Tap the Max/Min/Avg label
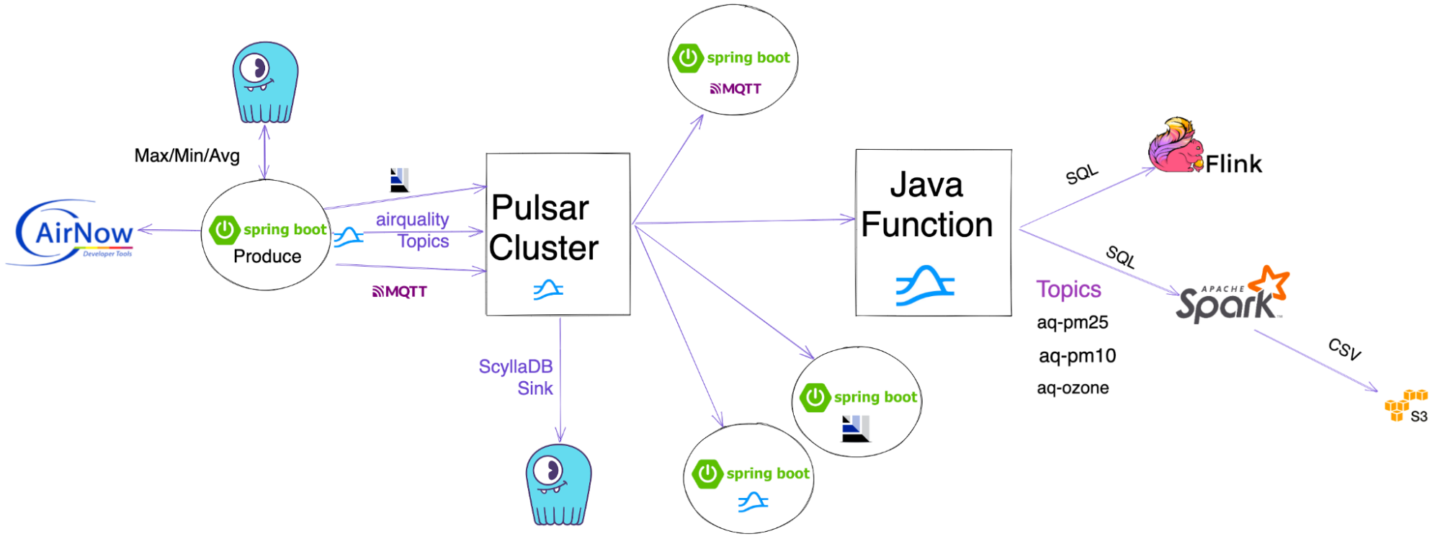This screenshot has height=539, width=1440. pos(187,156)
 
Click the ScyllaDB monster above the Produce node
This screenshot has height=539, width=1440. pos(264,82)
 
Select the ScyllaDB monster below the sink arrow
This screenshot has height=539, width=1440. pos(558,484)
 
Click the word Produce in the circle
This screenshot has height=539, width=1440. pos(267,257)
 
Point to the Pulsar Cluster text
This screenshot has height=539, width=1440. pos(544,228)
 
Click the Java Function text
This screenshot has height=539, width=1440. pos(927,205)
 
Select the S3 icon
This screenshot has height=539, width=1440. pos(1405,406)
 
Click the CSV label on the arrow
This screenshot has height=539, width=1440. pos(1344,349)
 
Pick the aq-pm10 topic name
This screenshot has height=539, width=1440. pos(1077,356)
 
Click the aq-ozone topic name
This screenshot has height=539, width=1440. pos(1073,388)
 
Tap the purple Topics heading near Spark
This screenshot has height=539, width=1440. pos(1068,290)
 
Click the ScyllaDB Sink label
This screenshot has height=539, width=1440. pos(516,378)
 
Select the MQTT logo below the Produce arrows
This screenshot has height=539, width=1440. pos(400,292)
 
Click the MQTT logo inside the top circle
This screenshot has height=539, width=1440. pos(735,89)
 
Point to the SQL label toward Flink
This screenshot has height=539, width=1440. pos(1081,174)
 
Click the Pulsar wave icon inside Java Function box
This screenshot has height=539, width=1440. pos(925,285)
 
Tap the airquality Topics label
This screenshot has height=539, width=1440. pos(413,230)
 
